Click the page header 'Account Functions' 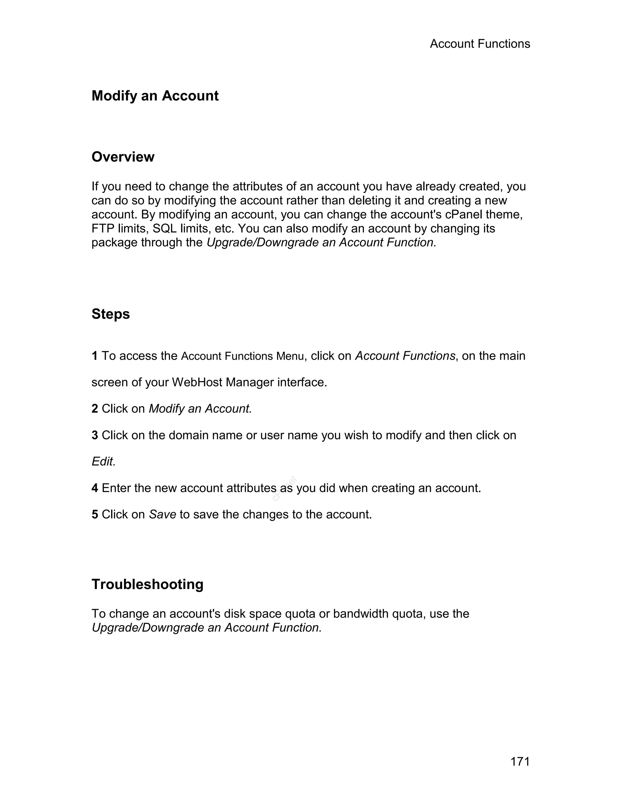[x=480, y=44]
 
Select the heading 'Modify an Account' [x=155, y=96]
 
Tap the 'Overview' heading [x=123, y=157]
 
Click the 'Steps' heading [x=111, y=314]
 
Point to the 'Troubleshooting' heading [x=147, y=584]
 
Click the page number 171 [x=520, y=762]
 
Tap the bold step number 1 [x=95, y=356]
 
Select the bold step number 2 [x=95, y=409]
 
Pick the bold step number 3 [x=95, y=435]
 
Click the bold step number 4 [x=95, y=488]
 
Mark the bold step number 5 [x=95, y=515]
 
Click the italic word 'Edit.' [x=104, y=462]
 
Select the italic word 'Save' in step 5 [x=162, y=515]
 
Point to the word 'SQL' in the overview [x=164, y=228]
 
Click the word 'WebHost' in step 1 [x=197, y=382]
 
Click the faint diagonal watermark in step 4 [x=285, y=489]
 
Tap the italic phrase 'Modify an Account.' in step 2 [x=200, y=409]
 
